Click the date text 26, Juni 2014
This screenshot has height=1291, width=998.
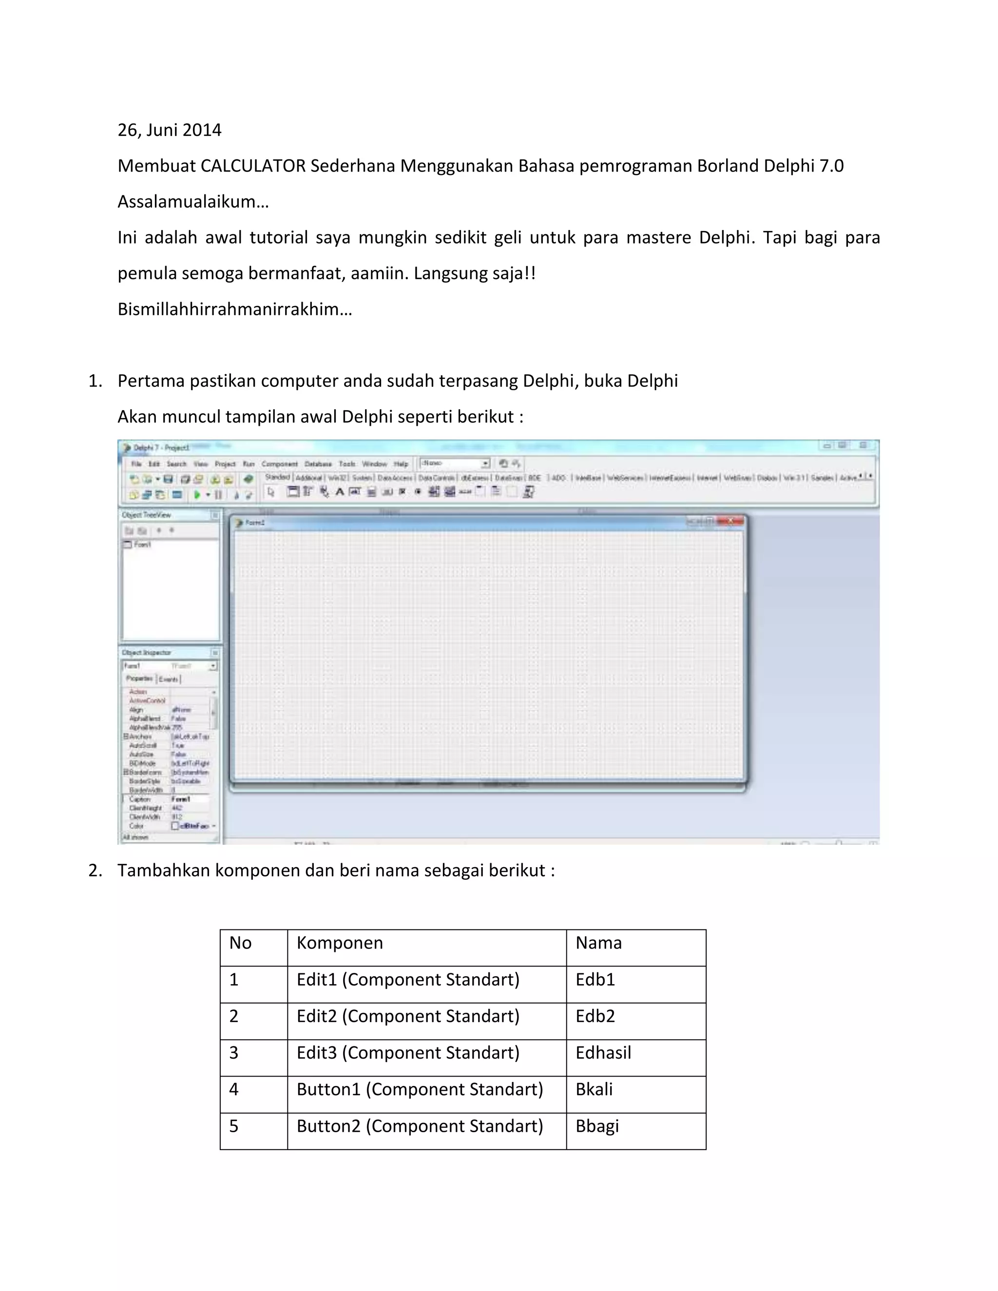(x=169, y=130)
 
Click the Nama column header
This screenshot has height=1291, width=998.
(x=598, y=943)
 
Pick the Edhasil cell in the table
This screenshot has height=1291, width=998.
(x=603, y=1053)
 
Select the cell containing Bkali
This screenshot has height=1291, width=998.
(x=594, y=1089)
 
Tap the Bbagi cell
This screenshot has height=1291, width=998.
(x=596, y=1126)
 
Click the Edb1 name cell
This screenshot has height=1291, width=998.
(x=595, y=980)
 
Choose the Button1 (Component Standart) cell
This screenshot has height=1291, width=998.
(x=419, y=1089)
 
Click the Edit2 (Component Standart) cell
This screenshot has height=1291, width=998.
(x=408, y=1016)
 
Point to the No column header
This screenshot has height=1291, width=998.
(x=240, y=943)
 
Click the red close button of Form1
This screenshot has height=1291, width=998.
(x=731, y=521)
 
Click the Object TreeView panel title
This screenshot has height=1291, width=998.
(x=146, y=515)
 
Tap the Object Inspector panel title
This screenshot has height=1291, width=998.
(x=146, y=653)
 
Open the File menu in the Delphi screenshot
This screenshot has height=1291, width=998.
(x=136, y=464)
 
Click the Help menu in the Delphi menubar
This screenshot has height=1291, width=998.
(x=401, y=464)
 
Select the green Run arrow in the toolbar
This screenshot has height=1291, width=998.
(x=197, y=495)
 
